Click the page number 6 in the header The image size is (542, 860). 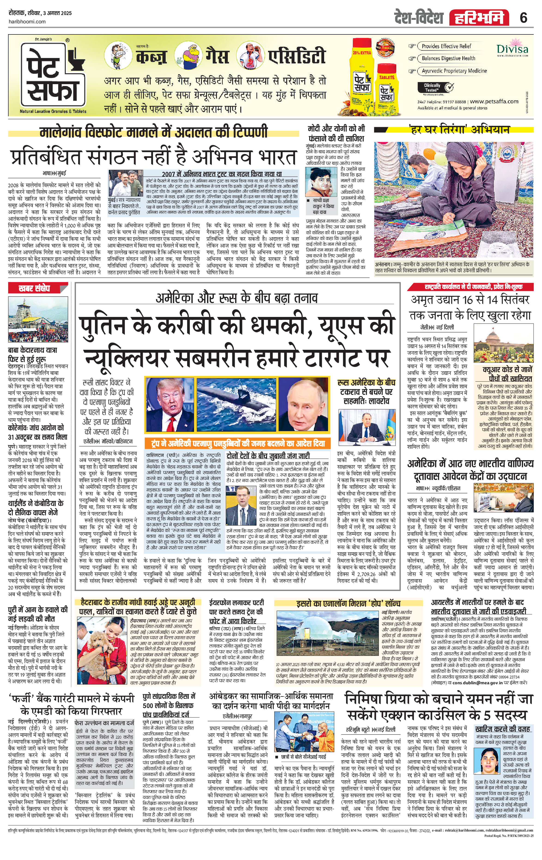(x=524, y=17)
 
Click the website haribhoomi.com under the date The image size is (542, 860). (x=27, y=21)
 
